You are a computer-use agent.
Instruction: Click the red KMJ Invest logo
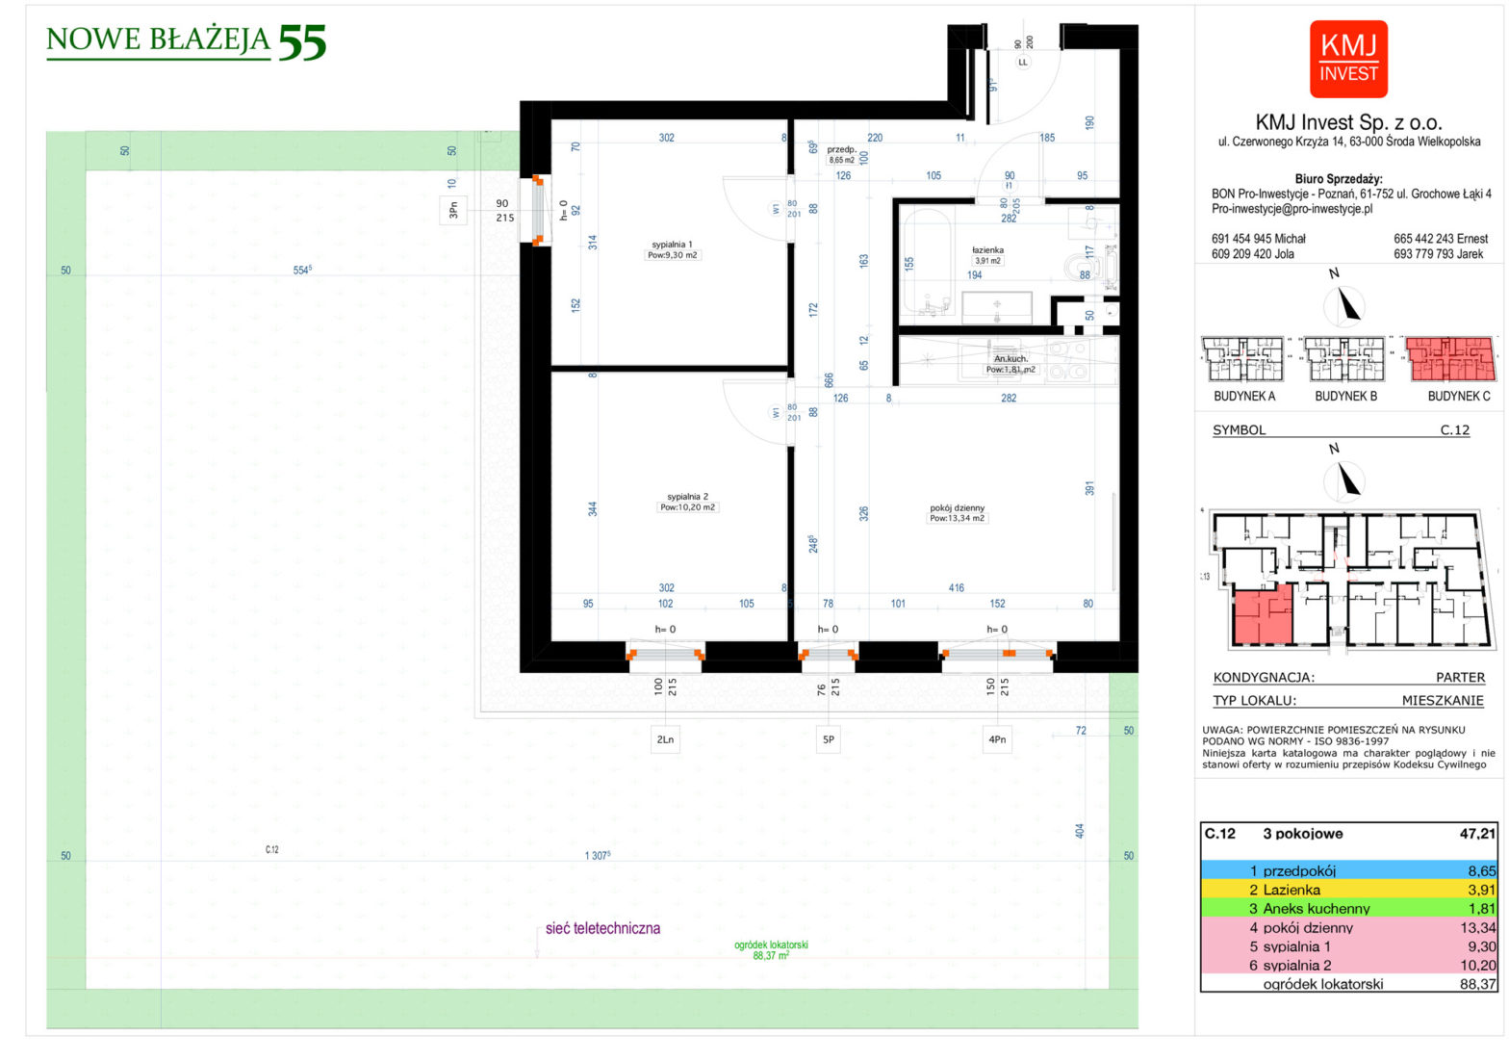pyautogui.click(x=1348, y=59)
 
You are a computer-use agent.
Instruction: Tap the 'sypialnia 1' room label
pyautogui.click(x=672, y=245)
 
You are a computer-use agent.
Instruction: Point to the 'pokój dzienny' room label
pyautogui.click(x=957, y=508)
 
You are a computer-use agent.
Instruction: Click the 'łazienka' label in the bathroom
pyautogui.click(x=987, y=250)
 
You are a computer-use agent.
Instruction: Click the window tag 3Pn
pyautogui.click(x=452, y=209)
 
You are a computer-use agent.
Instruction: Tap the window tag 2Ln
pyautogui.click(x=665, y=739)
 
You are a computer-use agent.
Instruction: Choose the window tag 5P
pyautogui.click(x=828, y=739)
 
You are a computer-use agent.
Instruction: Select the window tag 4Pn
pyautogui.click(x=997, y=739)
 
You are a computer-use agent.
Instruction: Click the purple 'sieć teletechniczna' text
pyautogui.click(x=602, y=929)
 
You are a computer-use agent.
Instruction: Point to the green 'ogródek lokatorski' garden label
pyautogui.click(x=771, y=945)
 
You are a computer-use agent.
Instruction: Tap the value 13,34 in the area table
pyautogui.click(x=1477, y=928)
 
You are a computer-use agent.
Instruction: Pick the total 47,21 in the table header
pyautogui.click(x=1477, y=834)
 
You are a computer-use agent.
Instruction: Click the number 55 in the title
pyautogui.click(x=302, y=43)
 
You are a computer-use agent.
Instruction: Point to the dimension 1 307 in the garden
pyautogui.click(x=597, y=855)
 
